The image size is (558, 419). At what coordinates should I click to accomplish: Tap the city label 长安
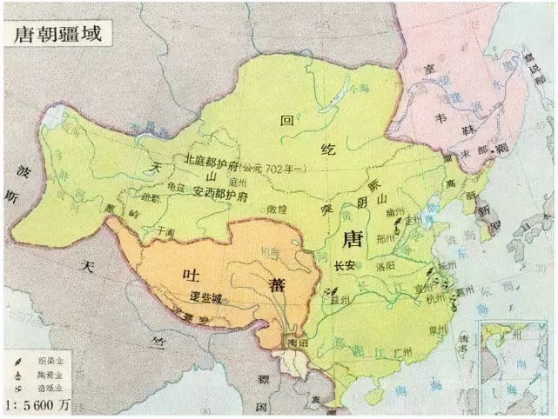pyautogui.click(x=343, y=266)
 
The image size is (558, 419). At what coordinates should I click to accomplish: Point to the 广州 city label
pyautogui.click(x=401, y=352)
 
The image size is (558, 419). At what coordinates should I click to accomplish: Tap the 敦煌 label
pyautogui.click(x=278, y=209)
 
